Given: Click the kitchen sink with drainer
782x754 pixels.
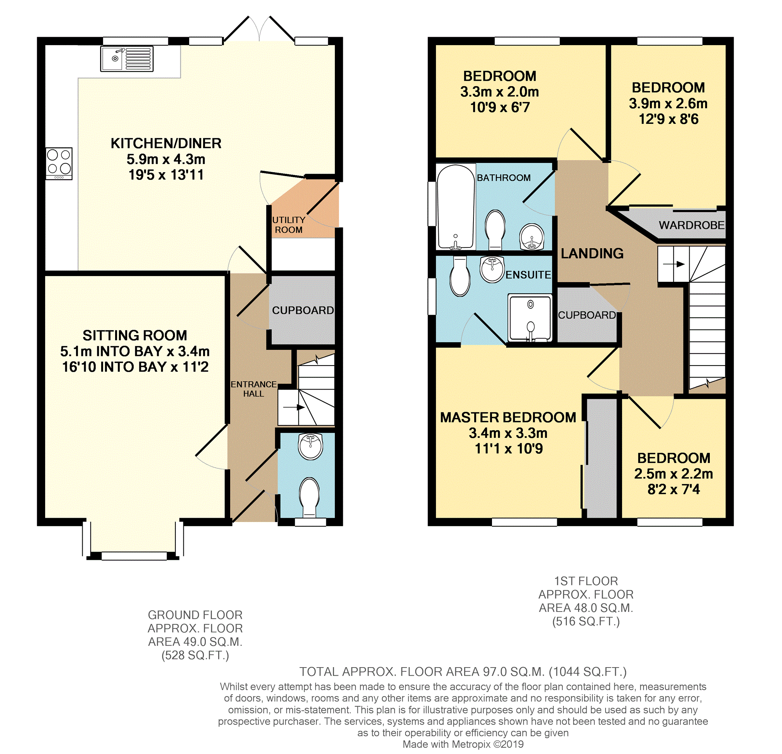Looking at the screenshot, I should pyautogui.click(x=127, y=59).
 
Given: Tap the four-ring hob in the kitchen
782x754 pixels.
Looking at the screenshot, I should pyautogui.click(x=59, y=164).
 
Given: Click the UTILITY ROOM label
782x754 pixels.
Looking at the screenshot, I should pyautogui.click(x=288, y=225).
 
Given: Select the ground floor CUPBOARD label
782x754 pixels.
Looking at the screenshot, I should pyautogui.click(x=303, y=310).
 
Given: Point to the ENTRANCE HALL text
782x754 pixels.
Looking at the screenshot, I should pyautogui.click(x=253, y=389).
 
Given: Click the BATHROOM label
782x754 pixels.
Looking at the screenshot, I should pyautogui.click(x=504, y=178).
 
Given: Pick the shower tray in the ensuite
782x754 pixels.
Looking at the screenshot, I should pyautogui.click(x=530, y=318).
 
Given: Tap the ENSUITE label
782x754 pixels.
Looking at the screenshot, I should pyautogui.click(x=528, y=275).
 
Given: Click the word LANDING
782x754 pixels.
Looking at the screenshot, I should pyautogui.click(x=592, y=253).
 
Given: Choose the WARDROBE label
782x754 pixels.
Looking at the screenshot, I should pyautogui.click(x=691, y=225).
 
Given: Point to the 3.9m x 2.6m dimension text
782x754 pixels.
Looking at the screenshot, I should pyautogui.click(x=668, y=104).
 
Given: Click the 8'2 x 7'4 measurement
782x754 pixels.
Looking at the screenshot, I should pyautogui.click(x=673, y=490).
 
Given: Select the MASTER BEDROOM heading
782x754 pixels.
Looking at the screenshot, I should pyautogui.click(x=508, y=417).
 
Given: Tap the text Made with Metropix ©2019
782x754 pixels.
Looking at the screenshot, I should pyautogui.click(x=463, y=744).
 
